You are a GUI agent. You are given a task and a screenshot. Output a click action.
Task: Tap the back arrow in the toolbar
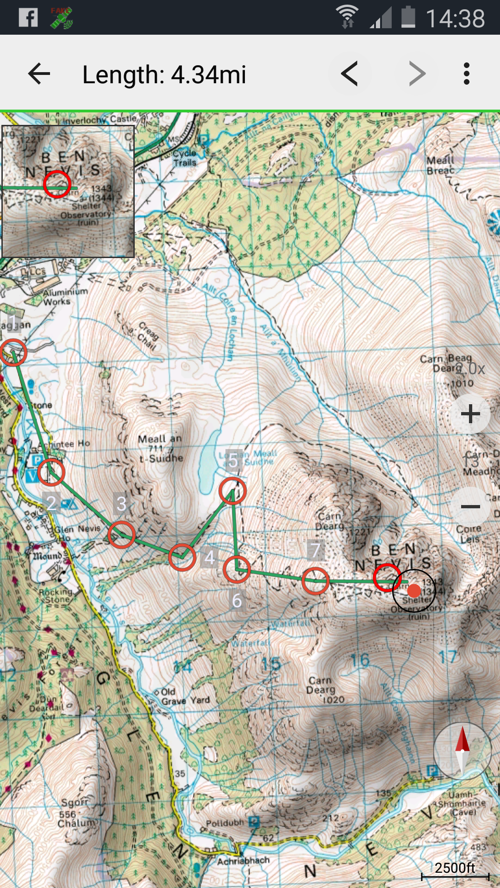click(x=39, y=74)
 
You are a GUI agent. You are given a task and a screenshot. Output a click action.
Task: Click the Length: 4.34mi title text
click(x=164, y=74)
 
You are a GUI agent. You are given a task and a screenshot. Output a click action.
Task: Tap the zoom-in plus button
click(x=470, y=413)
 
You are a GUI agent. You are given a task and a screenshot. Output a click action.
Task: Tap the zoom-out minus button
click(x=470, y=506)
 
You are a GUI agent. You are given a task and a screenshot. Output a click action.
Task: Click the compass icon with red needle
click(x=462, y=751)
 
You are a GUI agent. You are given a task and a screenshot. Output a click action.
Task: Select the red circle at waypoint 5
click(x=232, y=491)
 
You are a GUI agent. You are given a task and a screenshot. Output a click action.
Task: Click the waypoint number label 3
click(x=121, y=504)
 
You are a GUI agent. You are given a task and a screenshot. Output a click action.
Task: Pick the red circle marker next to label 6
click(x=237, y=570)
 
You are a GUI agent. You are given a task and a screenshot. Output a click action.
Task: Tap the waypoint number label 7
click(x=316, y=550)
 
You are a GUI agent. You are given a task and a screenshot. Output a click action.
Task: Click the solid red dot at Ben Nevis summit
click(x=414, y=591)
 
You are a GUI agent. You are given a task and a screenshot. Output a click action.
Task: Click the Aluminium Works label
click(x=65, y=296)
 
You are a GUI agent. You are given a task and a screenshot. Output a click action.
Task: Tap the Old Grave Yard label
click(x=185, y=696)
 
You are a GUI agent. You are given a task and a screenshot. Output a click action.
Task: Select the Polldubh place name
click(x=225, y=823)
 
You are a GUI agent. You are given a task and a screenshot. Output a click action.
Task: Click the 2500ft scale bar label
click(x=455, y=868)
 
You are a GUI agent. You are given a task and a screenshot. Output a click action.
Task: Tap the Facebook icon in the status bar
click(x=28, y=18)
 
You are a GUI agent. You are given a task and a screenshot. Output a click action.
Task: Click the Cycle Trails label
click(x=185, y=158)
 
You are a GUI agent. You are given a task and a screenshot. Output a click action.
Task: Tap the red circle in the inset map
click(x=57, y=184)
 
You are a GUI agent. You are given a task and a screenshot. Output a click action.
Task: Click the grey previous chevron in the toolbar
click(x=350, y=74)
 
